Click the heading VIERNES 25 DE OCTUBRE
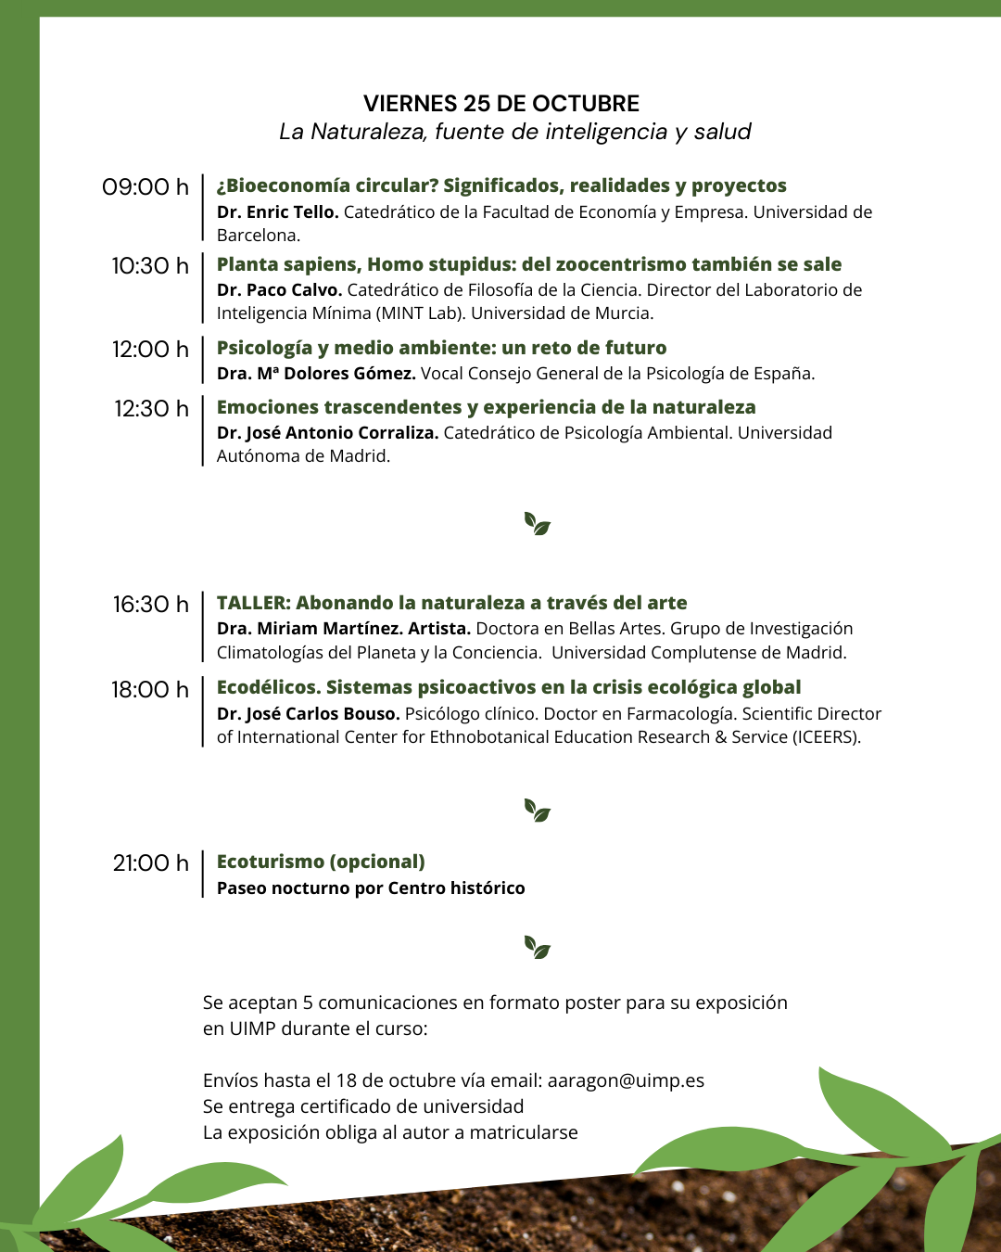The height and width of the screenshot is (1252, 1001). (500, 104)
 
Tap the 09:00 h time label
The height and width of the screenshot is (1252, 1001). (146, 187)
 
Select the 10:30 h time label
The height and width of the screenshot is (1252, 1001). (150, 266)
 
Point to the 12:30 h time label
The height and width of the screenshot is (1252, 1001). (151, 409)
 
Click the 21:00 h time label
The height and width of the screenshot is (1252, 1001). (150, 863)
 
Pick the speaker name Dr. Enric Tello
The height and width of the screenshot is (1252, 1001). (277, 212)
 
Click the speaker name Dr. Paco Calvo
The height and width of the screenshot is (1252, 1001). (279, 290)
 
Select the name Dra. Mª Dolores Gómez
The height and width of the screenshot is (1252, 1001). (316, 374)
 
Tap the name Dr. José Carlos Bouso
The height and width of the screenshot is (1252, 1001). (308, 714)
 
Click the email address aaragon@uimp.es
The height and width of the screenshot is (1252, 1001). (626, 1081)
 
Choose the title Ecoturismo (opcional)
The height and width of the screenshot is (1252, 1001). (321, 862)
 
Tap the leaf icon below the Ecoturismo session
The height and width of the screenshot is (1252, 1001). (537, 947)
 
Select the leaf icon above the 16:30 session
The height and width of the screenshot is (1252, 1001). (537, 524)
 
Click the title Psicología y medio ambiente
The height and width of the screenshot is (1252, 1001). (441, 348)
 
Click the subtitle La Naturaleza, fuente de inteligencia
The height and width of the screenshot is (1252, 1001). (514, 132)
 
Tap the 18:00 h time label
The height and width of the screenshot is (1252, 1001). (149, 690)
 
